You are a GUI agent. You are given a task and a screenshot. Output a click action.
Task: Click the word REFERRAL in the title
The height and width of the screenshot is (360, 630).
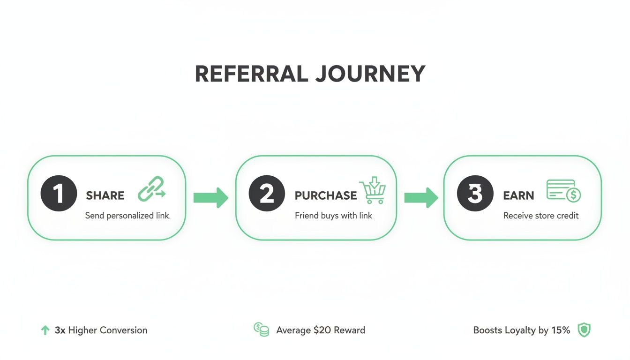(x=251, y=74)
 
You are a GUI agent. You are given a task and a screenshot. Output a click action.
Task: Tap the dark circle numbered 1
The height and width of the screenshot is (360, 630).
(x=59, y=193)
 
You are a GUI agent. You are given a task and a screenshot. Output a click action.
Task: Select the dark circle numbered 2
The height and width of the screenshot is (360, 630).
(x=267, y=193)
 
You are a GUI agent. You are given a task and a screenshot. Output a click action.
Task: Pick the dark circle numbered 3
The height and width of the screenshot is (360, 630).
(x=474, y=193)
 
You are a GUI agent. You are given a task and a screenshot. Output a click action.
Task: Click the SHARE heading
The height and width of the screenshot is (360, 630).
(x=105, y=195)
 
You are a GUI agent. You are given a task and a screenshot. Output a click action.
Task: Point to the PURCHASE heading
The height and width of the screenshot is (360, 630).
(x=326, y=195)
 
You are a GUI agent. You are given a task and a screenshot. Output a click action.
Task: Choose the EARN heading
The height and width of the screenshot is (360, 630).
(x=518, y=195)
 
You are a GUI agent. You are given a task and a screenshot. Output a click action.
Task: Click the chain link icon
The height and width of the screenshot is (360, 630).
(x=151, y=189)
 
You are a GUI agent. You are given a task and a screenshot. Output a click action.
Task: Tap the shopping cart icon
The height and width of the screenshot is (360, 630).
(x=373, y=191)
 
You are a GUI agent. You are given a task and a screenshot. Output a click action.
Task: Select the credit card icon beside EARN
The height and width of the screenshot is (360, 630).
(x=563, y=191)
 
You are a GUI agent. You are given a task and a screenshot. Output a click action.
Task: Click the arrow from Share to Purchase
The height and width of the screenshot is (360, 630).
(x=210, y=198)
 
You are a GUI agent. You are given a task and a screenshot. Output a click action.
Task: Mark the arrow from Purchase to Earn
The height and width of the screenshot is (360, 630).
(x=420, y=198)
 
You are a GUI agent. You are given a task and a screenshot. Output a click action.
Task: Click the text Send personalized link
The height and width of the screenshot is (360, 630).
(x=127, y=216)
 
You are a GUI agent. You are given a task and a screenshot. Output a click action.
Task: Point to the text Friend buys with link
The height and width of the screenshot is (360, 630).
(x=333, y=216)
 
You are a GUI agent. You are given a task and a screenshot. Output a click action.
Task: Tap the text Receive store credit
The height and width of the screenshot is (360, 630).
(x=541, y=216)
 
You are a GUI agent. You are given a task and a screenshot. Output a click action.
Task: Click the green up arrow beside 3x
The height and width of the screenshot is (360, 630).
(x=45, y=330)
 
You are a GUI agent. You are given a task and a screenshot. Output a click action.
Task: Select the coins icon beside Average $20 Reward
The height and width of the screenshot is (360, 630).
(x=261, y=330)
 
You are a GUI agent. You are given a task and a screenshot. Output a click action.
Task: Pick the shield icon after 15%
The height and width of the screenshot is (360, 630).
(x=584, y=330)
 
